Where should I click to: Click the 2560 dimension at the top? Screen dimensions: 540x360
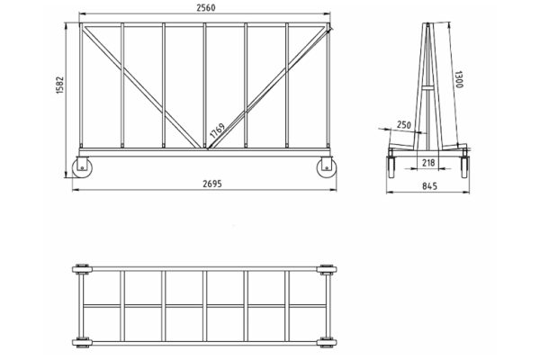pos(206,7)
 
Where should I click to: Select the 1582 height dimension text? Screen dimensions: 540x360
pos(60,85)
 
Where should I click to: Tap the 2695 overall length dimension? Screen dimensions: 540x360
pos(212,184)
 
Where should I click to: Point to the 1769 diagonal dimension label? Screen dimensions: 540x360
pos(217,130)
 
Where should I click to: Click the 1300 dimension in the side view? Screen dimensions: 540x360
pos(459,79)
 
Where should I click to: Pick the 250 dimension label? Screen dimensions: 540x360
pos(404,125)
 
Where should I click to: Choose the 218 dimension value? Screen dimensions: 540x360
pos(428,163)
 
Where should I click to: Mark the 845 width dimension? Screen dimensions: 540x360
pos(429,186)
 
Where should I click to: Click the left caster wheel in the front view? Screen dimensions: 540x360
pos(82,167)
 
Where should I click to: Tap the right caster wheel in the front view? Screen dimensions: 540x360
pos(327,167)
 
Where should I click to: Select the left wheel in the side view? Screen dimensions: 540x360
pos(391,167)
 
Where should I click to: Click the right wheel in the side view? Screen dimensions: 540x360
pos(464,167)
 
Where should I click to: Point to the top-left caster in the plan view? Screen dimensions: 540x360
pos(82,269)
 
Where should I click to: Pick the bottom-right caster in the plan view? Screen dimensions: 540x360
pos(327,343)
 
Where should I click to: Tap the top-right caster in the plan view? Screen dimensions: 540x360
pos(327,269)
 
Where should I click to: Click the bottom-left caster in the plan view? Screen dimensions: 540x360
pos(82,343)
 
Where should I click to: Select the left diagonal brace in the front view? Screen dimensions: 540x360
pos(142,87)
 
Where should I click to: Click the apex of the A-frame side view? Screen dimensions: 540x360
pos(427,24)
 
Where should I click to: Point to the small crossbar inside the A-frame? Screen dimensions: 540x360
pos(427,87)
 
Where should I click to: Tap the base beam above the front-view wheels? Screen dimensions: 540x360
pos(204,153)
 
